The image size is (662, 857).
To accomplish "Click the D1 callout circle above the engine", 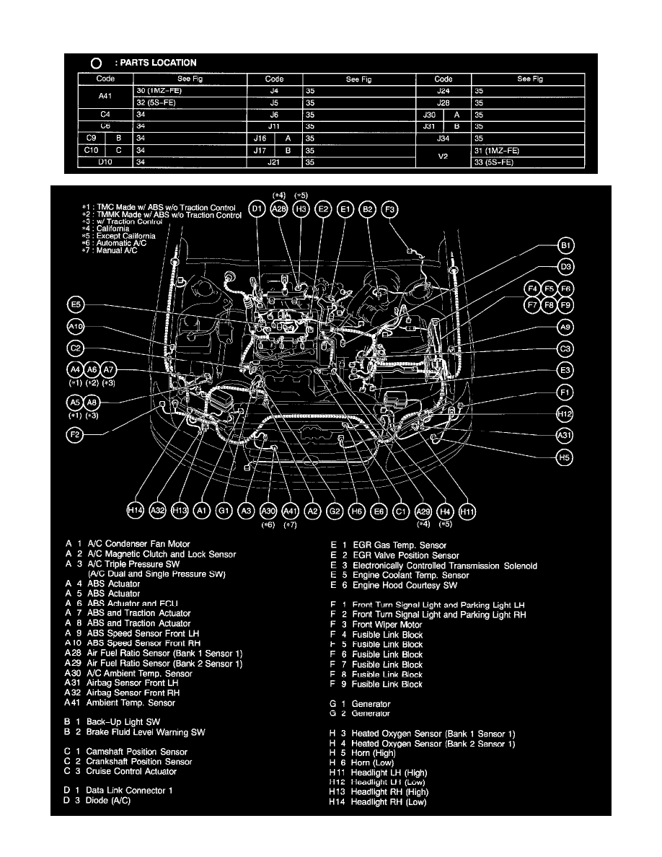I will (257, 209).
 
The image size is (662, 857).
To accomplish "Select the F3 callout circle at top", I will (389, 209).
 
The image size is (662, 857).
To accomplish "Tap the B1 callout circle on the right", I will (566, 246).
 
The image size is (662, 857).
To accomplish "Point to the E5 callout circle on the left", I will (76, 304).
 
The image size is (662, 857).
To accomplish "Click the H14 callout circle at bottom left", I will (135, 511).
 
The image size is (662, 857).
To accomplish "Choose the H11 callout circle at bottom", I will (468, 511).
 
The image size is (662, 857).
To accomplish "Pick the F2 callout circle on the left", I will (74, 435).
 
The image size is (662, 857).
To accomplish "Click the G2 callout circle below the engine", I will (335, 511).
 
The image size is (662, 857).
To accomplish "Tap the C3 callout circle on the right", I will (566, 349).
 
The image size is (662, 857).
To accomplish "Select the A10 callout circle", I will (76, 327).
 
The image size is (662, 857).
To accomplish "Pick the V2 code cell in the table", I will (443, 157).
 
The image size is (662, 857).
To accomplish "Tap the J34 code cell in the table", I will (443, 139).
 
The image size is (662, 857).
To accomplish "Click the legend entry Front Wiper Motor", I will (387, 625).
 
